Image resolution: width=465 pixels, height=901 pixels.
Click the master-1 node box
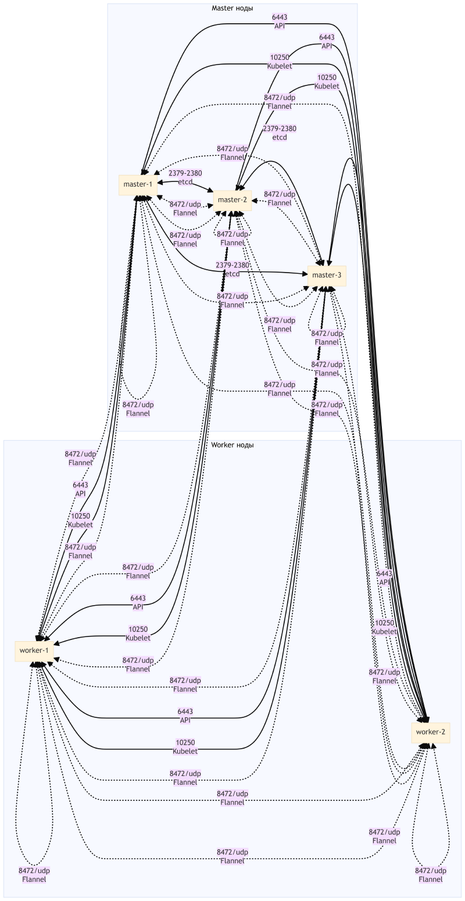coord(138,185)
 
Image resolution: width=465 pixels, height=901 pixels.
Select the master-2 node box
coord(233,200)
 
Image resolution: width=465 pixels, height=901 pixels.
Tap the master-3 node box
coord(327,275)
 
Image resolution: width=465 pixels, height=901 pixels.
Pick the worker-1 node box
coord(34,650)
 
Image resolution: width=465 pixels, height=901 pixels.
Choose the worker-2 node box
coord(431,732)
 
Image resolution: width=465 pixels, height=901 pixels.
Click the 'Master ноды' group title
coord(232,8)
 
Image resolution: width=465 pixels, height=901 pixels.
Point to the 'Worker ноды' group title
coord(232,445)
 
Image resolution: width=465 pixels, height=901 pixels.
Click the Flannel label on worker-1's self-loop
coord(34,875)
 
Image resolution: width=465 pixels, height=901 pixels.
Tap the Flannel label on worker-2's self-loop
coord(431,875)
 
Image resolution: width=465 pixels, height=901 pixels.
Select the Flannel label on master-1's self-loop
coord(138,409)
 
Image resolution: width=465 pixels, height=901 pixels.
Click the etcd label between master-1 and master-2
coord(185,178)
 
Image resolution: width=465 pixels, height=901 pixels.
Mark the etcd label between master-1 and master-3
coord(232,269)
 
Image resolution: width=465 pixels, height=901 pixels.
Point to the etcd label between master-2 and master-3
coord(279,133)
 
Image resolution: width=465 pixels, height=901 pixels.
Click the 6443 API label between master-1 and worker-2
coord(279,22)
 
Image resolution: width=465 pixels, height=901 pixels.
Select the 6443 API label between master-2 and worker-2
coord(327,41)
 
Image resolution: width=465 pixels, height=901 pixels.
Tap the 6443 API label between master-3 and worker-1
coord(185,716)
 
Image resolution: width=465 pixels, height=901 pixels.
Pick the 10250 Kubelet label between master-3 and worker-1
coord(185,747)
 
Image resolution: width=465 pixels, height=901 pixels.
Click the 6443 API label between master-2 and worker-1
coord(138,602)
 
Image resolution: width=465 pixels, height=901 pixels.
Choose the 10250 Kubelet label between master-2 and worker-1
coord(138,634)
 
